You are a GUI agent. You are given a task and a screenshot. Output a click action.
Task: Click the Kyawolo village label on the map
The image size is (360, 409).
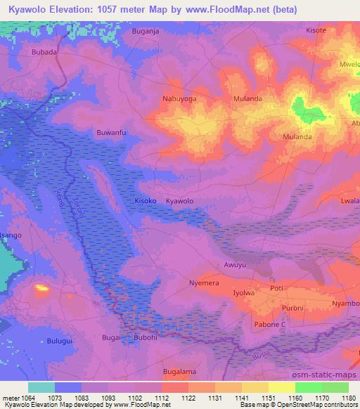click(179, 201)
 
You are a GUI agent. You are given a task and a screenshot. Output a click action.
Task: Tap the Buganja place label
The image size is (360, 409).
click(146, 32)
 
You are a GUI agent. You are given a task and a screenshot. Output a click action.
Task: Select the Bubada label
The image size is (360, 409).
click(44, 52)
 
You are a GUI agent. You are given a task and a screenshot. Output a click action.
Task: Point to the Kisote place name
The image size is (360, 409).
click(317, 31)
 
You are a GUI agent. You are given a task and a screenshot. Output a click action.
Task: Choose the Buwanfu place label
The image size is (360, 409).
click(111, 131)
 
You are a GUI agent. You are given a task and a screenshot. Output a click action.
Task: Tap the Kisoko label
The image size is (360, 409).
click(146, 201)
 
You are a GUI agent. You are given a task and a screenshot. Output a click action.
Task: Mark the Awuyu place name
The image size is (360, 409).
click(235, 265)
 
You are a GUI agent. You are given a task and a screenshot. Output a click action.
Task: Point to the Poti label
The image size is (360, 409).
click(276, 289)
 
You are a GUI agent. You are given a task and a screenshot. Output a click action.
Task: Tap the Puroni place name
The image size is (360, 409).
click(290, 308)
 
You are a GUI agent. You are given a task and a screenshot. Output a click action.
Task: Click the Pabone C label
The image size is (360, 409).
click(269, 325)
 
